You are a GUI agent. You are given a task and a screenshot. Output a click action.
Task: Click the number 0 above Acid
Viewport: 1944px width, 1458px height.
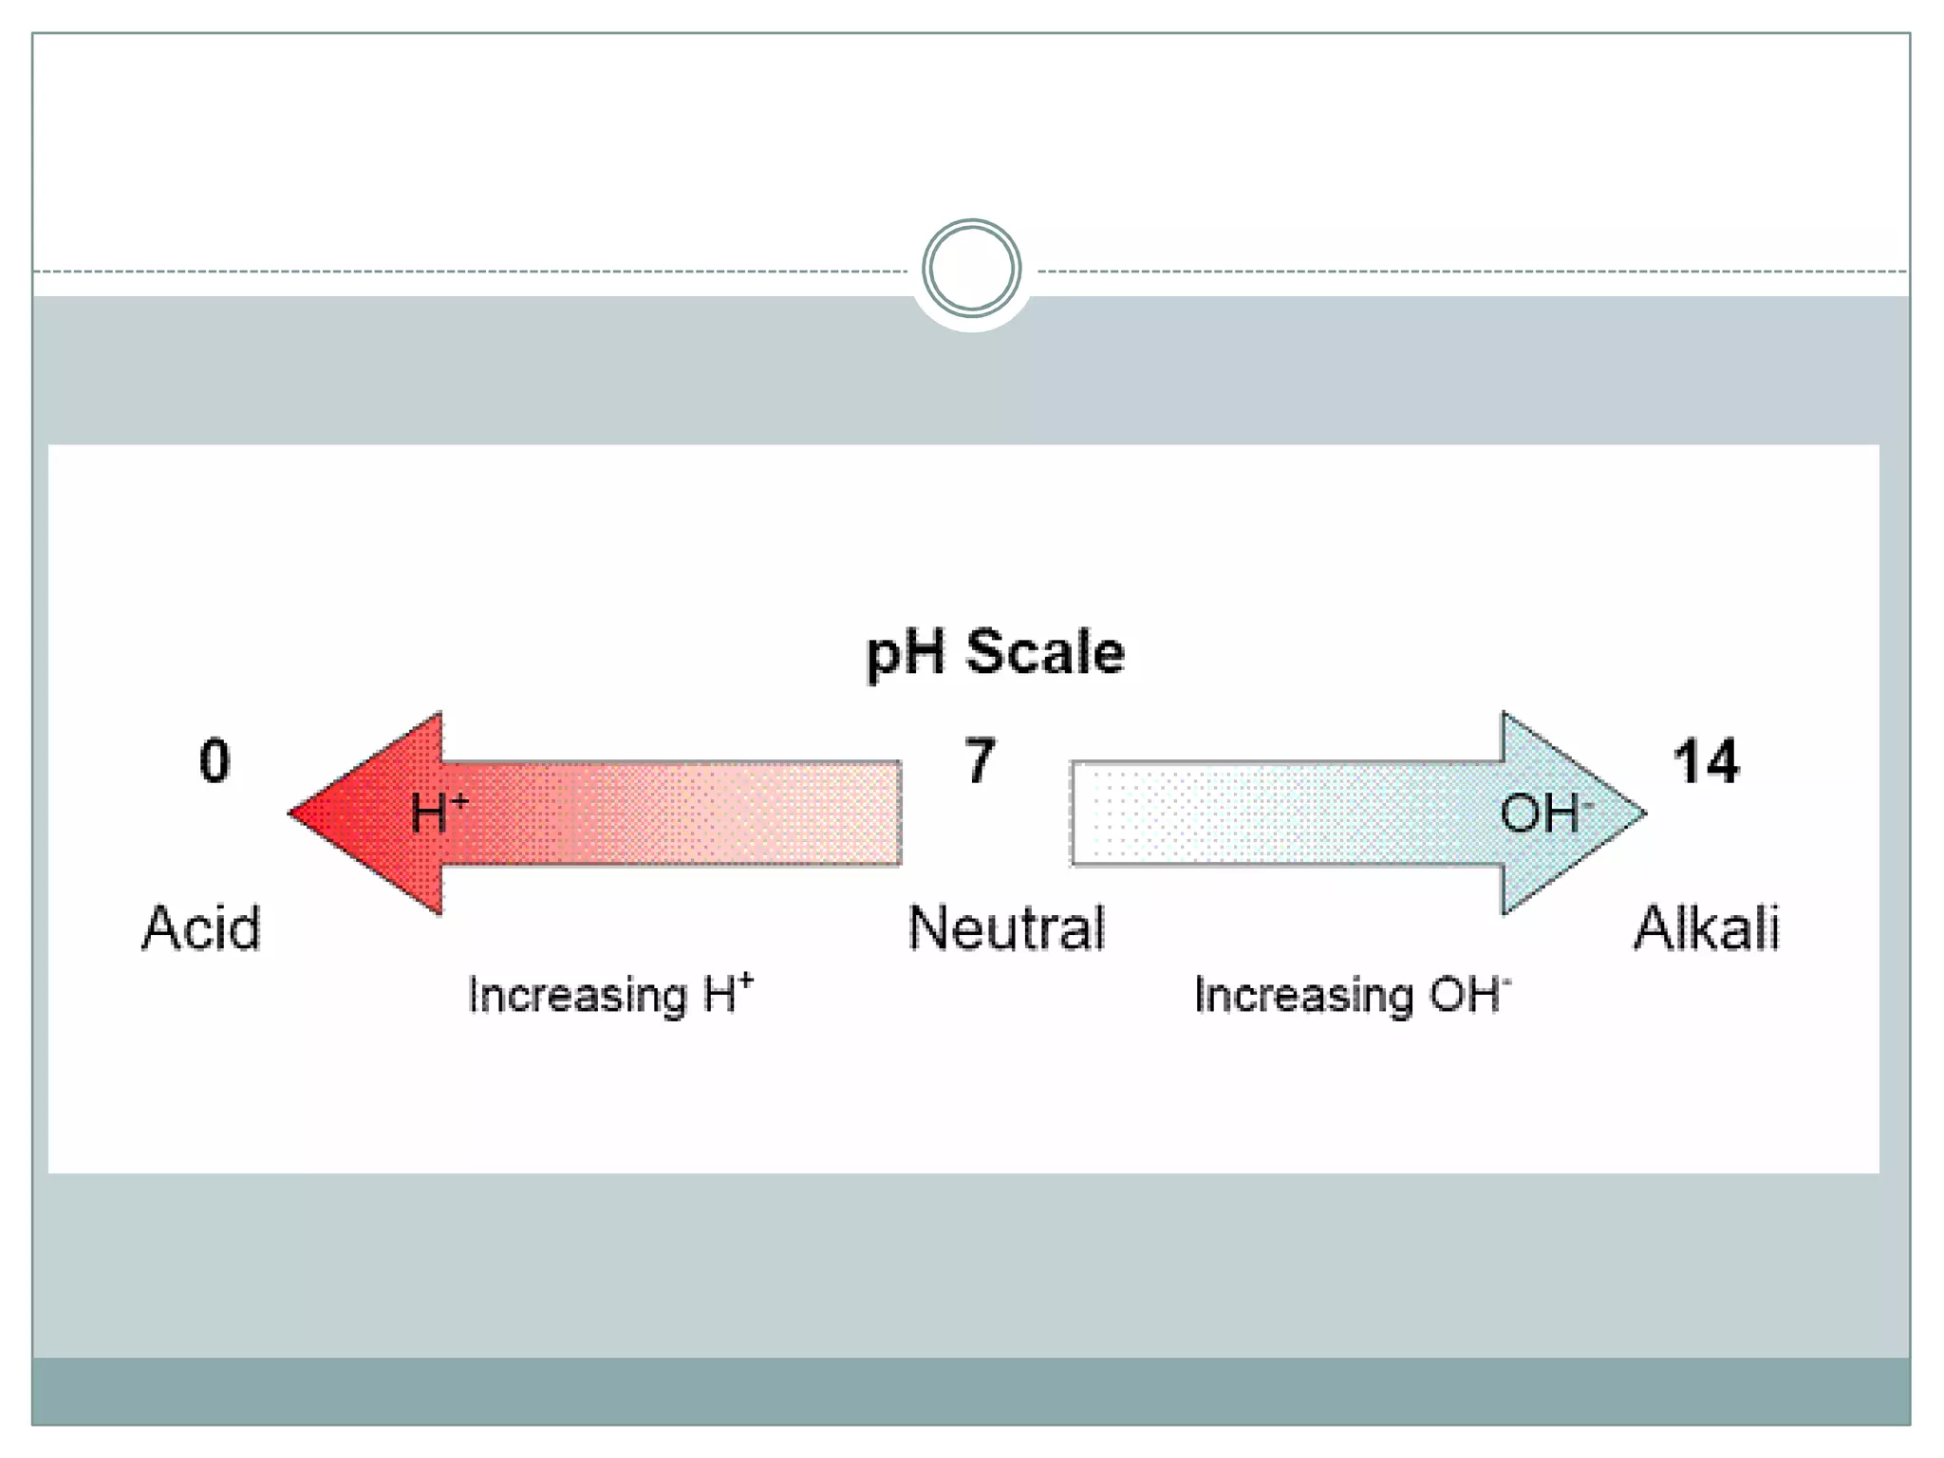click(x=215, y=761)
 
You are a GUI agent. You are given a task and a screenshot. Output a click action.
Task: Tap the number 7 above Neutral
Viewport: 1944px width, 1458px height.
click(x=980, y=761)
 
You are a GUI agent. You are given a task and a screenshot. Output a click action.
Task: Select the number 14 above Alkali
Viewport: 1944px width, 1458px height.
click(x=1706, y=761)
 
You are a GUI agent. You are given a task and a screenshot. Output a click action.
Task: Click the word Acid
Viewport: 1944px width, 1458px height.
click(x=201, y=928)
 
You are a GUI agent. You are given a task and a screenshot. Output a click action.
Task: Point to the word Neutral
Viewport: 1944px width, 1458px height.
click(x=1006, y=928)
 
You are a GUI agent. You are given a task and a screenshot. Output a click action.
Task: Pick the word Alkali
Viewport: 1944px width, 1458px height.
click(x=1706, y=928)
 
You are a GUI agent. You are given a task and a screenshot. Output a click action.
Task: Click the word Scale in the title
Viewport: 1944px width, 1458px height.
click(x=1044, y=653)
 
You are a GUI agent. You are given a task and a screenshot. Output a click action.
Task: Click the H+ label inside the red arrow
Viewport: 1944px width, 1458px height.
click(x=439, y=813)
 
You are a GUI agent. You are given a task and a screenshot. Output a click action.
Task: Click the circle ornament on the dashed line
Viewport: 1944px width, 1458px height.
click(x=971, y=269)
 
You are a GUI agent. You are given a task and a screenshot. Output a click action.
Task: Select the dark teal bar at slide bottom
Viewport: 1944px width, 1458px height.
click(x=970, y=1390)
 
